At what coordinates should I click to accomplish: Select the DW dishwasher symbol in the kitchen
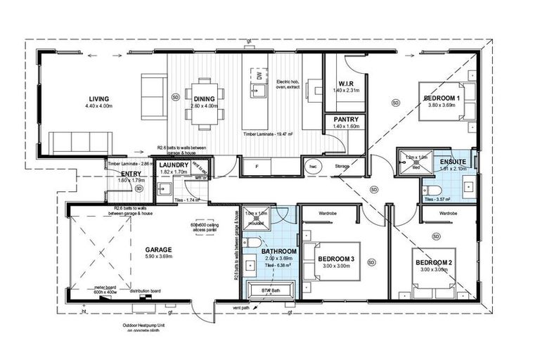pyautogui.click(x=259, y=75)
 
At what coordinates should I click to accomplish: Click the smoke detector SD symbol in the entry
pyautogui.click(x=139, y=188)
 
